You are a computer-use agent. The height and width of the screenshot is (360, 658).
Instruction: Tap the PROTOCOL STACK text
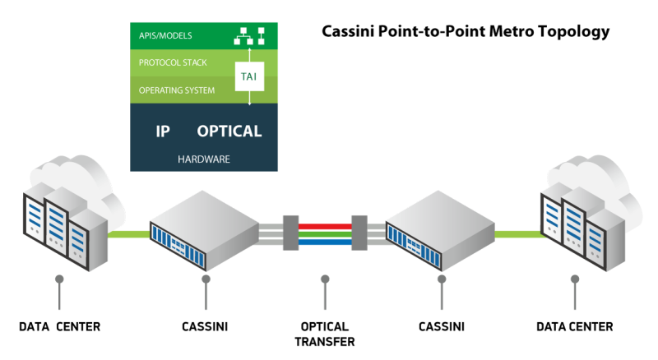click(x=172, y=62)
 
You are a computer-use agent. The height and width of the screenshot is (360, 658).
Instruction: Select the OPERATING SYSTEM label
click(x=177, y=90)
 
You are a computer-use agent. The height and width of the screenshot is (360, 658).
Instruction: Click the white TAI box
click(x=248, y=76)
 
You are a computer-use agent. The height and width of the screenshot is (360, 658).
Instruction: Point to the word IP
click(x=163, y=131)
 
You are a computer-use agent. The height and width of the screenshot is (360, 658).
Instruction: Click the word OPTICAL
click(x=229, y=131)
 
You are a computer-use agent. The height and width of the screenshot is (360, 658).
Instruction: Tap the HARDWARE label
click(x=203, y=158)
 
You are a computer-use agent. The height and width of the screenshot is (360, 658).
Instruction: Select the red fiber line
click(x=324, y=224)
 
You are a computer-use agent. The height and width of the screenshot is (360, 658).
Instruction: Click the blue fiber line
click(x=324, y=242)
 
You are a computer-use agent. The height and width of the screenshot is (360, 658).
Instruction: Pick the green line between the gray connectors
click(x=324, y=233)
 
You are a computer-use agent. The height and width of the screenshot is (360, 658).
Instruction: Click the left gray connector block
click(x=290, y=232)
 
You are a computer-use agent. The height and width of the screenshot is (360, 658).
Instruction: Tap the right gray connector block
click(x=359, y=232)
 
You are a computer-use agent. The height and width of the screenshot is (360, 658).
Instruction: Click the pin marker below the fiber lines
click(x=324, y=279)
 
